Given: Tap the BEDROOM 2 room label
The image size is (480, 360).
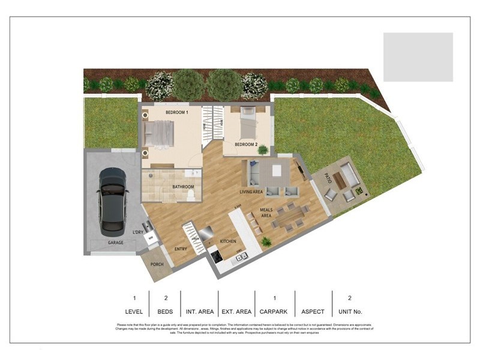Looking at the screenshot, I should point(246,145).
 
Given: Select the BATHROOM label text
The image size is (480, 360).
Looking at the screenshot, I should point(183,187).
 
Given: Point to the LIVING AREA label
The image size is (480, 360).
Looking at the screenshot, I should point(251,192).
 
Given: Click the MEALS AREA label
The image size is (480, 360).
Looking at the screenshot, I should point(266,214).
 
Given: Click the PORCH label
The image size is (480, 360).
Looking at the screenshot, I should point(157,264).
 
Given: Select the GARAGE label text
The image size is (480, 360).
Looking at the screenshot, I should point(115,243).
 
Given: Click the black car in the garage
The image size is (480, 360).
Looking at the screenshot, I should point(113,201).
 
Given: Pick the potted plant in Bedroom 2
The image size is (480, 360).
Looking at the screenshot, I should point(263,150).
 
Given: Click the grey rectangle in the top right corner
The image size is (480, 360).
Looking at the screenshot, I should point(418,57).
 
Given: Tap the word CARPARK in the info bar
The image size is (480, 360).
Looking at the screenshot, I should point(274,311).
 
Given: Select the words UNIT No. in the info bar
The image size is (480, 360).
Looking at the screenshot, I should point(349,311).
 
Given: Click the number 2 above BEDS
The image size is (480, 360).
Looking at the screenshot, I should point(165,298).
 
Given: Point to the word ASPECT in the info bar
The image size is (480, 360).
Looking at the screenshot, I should point(312,311).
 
